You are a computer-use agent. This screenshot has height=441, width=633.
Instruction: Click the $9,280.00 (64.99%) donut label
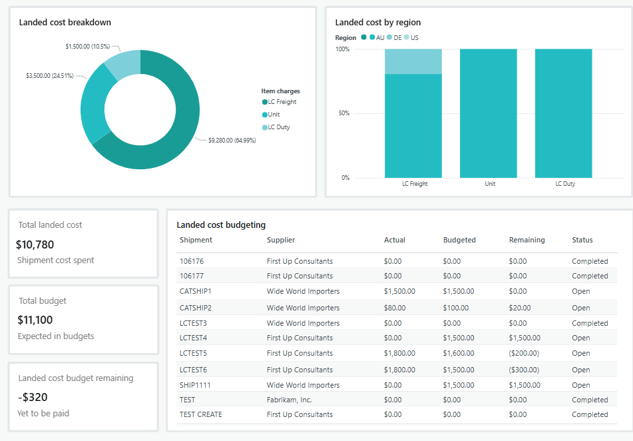pos(232,140)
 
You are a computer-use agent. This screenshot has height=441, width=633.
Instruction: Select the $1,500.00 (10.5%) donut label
pos(87,46)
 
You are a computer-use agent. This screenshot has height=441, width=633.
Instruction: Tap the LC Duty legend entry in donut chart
pos(278,127)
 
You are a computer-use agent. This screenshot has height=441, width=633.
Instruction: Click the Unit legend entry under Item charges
pos(273,115)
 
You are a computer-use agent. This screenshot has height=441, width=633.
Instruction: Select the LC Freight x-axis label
pos(415,184)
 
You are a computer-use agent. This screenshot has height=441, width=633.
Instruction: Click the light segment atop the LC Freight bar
pos(413,61)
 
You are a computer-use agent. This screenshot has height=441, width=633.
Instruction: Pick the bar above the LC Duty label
pos(563,113)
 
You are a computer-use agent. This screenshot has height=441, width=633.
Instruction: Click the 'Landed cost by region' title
pos(377,23)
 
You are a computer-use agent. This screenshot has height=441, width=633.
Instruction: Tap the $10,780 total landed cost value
pos(35,244)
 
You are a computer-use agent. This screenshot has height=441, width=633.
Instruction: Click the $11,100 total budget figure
pos(35,320)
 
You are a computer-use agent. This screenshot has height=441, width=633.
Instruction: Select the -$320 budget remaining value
pos(32,398)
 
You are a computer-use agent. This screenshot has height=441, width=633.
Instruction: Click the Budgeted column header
pos(459,240)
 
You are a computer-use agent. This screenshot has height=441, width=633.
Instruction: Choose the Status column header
pos(582,240)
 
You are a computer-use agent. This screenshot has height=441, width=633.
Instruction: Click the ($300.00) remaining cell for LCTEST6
pos(524,370)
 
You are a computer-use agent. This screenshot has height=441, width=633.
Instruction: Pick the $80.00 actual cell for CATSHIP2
pos(395,308)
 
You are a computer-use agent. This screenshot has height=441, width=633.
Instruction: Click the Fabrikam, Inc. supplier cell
pos(289,400)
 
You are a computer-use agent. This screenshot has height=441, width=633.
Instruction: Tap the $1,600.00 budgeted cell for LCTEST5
pos(459,353)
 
